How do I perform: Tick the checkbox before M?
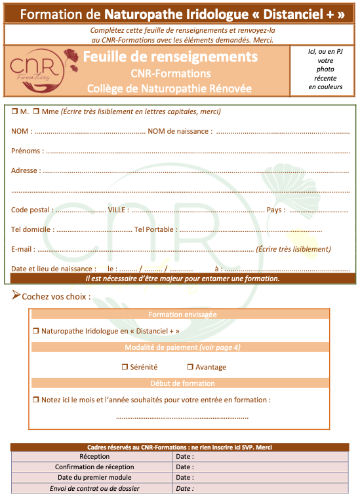[x=14, y=111]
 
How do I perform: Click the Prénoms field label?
[x=27, y=151]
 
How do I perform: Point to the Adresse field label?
[x=25, y=170]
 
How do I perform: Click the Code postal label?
[x=31, y=210]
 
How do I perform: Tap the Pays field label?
[x=275, y=210]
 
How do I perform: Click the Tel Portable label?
[x=154, y=229]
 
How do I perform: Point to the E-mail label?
[x=22, y=249]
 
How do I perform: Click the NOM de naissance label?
[x=180, y=131]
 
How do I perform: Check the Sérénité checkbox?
[x=125, y=367]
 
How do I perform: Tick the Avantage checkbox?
[x=190, y=367]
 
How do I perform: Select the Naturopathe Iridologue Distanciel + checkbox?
[x=36, y=331]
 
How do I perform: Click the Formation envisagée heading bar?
[x=182, y=315]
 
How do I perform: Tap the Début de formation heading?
[x=182, y=383]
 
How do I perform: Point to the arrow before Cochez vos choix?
[x=16, y=296]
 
